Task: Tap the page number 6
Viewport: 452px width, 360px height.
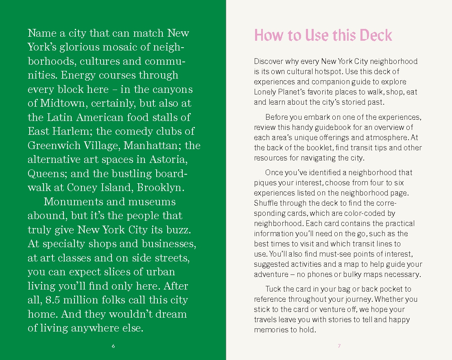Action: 113,346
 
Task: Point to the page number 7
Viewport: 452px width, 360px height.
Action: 339,346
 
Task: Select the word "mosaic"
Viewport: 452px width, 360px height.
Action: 120,47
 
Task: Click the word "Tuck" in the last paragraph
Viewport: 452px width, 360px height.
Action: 273,289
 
